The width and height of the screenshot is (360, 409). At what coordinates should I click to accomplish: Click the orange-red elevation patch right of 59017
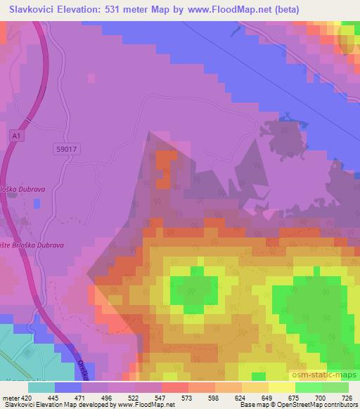(163, 169)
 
